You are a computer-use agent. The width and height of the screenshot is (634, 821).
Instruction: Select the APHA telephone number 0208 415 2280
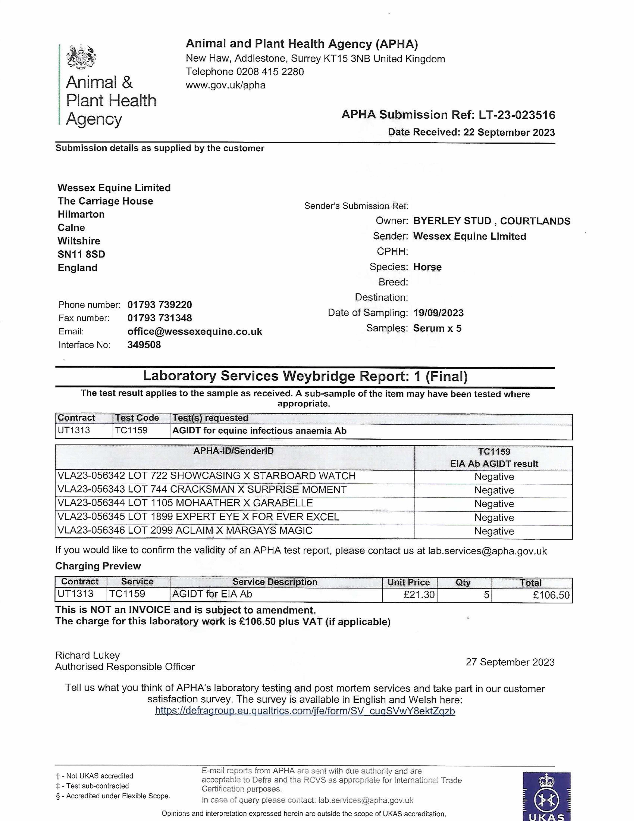pos(270,72)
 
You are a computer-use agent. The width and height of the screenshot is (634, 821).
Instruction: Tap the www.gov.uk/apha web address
pos(226,85)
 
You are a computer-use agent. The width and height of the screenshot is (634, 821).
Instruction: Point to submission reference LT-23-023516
pos(517,115)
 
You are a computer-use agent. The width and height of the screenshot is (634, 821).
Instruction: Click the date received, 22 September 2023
pos(509,132)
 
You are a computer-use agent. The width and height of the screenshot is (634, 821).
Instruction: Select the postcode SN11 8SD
pos(81,255)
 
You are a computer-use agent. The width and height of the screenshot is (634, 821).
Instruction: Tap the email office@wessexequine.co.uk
pos(195,332)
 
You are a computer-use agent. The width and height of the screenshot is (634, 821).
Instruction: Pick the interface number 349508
pos(144,345)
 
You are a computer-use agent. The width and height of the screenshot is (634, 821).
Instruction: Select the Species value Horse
pos(427,267)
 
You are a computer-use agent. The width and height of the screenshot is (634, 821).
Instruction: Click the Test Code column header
pos(137,418)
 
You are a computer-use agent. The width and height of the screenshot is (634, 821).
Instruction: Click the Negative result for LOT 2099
pos(494,531)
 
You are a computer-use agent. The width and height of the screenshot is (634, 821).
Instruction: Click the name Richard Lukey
pos(87,655)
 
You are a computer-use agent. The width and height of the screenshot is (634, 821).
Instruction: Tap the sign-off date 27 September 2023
pos(510,662)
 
